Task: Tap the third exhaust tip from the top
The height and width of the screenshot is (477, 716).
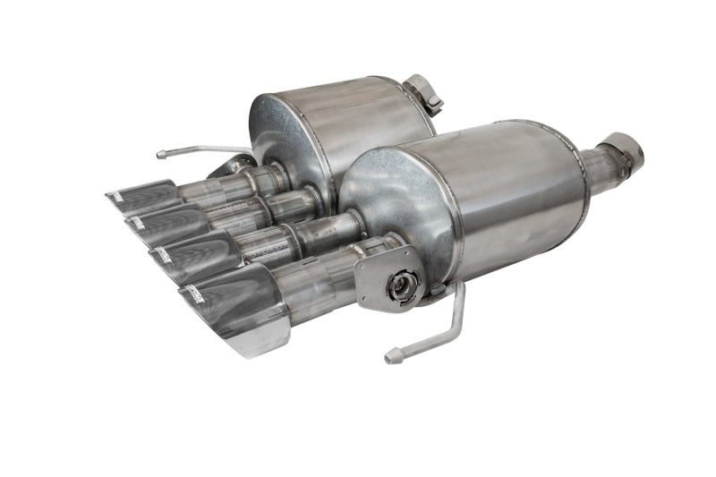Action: tap(192, 254)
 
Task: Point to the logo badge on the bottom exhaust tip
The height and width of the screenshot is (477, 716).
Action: tap(193, 290)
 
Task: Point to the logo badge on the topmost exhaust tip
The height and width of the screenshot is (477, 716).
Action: tap(117, 193)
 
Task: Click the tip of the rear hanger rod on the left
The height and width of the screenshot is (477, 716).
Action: tap(162, 154)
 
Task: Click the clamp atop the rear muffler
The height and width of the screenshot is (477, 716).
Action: tap(423, 92)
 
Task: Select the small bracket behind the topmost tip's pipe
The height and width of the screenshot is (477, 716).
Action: tap(231, 166)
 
